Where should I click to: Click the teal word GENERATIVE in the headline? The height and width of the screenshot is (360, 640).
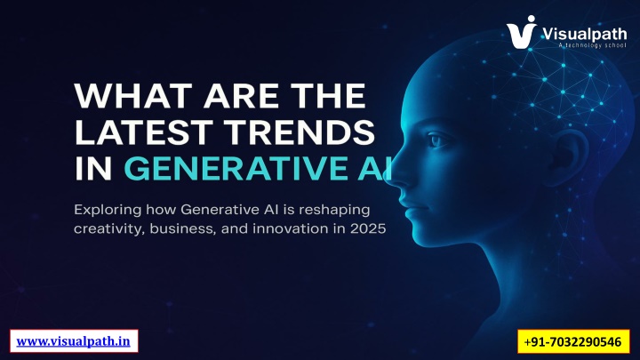[x=236, y=168]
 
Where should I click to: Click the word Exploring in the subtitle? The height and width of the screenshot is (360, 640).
[x=105, y=210]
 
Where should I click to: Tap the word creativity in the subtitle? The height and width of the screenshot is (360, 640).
[x=104, y=231]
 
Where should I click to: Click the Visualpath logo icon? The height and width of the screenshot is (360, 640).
[x=525, y=31]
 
